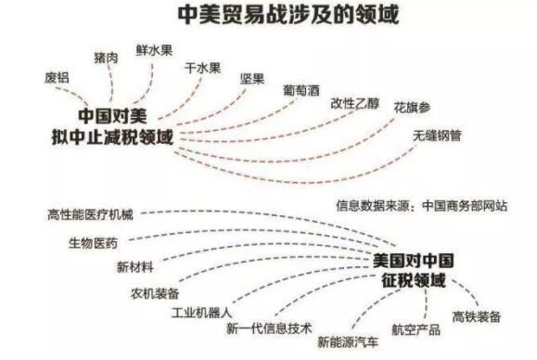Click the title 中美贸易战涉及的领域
(x=270, y=16)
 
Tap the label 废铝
(x=57, y=77)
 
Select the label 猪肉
(x=106, y=58)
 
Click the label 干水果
(x=202, y=67)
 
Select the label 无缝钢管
(x=437, y=135)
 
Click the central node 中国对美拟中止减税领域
(x=111, y=126)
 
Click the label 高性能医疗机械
(x=90, y=215)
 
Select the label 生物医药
(x=92, y=243)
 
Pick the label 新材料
(x=134, y=267)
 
